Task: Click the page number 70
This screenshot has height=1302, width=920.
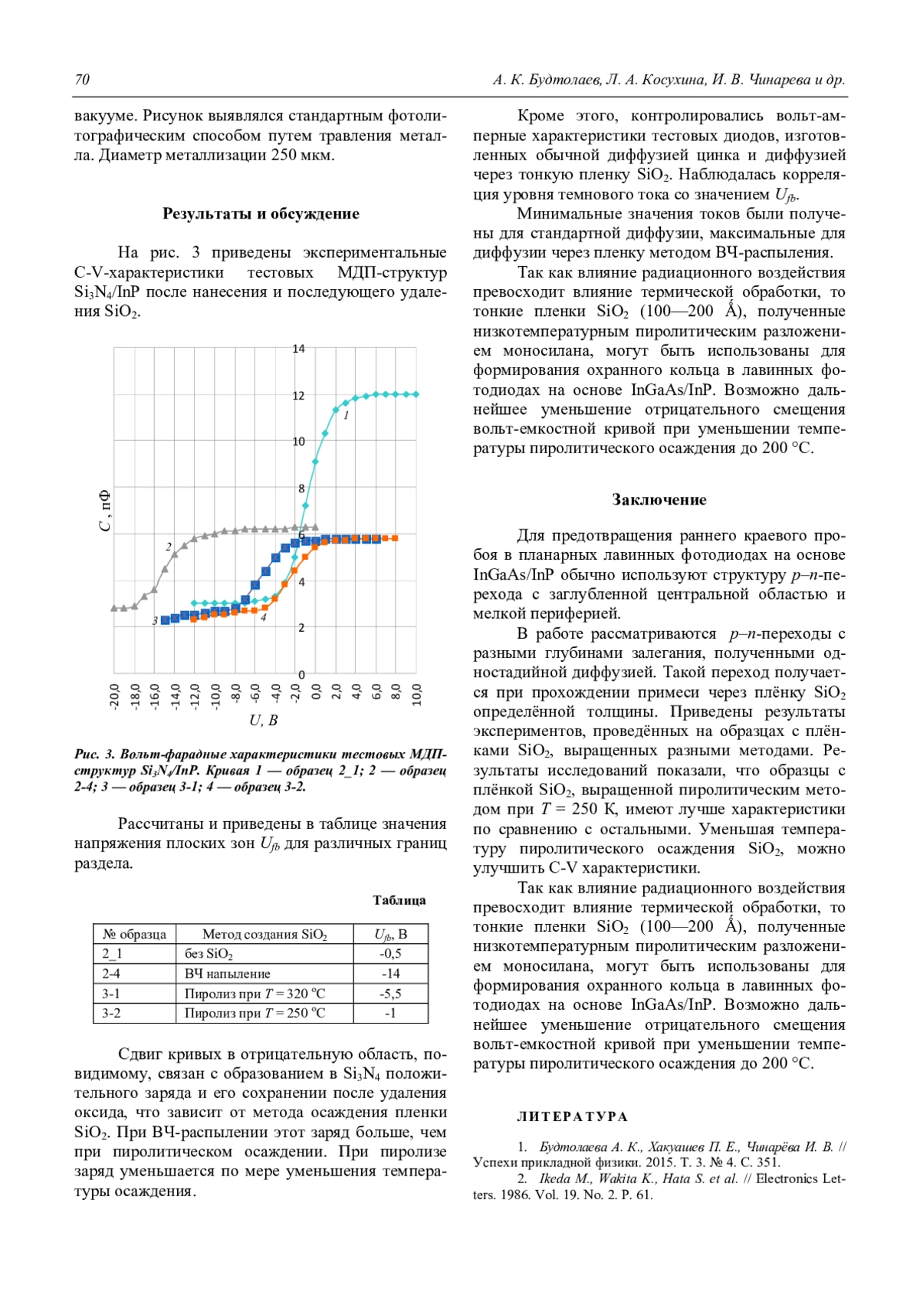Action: coord(82,80)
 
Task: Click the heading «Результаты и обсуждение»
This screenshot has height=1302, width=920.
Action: coord(261,214)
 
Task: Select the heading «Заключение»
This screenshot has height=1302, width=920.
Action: coord(659,500)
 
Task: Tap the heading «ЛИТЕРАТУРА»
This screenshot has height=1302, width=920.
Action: coord(572,1116)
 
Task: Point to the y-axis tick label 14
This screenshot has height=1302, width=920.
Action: coord(299,349)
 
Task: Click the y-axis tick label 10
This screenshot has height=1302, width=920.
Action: coord(299,442)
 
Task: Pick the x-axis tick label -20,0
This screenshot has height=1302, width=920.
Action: coord(115,696)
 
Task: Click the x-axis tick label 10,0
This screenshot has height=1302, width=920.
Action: coord(417,695)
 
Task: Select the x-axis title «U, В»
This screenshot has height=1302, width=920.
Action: coord(263,721)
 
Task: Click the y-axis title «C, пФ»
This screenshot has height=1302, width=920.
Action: coord(105,511)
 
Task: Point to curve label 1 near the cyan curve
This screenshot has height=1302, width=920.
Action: coord(347,416)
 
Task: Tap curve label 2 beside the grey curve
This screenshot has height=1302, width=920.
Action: coord(169,547)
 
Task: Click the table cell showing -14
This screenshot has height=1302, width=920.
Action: coord(390,974)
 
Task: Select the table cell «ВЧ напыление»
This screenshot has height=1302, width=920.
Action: coord(227,974)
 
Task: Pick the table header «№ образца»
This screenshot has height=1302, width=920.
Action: coord(134,934)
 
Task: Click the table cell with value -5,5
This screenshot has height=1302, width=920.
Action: coord(390,994)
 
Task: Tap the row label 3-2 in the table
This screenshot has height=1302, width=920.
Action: coord(111,1013)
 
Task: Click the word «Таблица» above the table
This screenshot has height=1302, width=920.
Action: coord(399,900)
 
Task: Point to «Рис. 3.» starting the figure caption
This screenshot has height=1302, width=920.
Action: coord(94,755)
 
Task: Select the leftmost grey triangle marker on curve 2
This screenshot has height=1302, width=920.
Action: coord(114,608)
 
